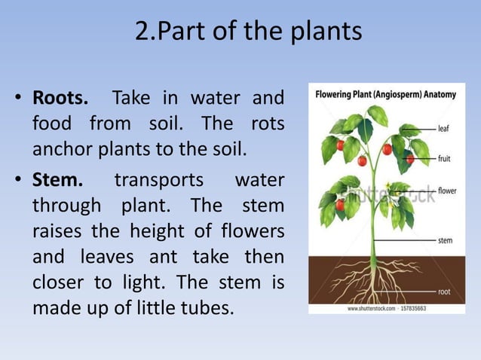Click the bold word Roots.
coord(60,99)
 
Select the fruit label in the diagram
coord(446,159)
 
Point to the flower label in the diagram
coord(447,191)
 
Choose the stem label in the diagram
coord(446,240)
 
